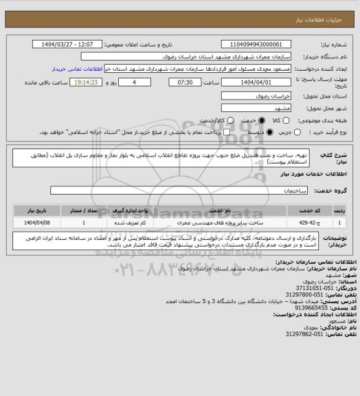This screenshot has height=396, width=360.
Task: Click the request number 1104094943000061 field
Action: coord(249,44)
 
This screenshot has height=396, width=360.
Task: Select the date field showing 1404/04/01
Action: coord(249,82)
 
